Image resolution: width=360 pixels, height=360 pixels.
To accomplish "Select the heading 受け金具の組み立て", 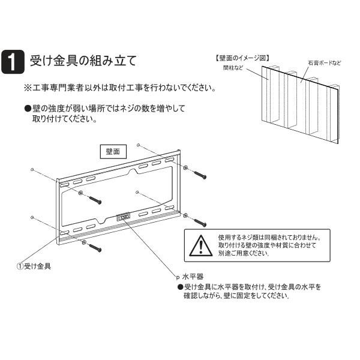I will [83, 61].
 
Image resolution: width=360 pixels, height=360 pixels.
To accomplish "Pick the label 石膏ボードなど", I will [324, 63].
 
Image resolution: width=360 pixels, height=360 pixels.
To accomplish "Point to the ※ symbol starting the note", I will [28, 88].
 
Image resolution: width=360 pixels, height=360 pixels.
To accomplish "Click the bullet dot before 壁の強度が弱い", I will [28, 109].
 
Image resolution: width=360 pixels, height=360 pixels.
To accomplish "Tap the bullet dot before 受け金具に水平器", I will [179, 287].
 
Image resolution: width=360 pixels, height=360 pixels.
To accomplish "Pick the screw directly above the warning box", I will [197, 220].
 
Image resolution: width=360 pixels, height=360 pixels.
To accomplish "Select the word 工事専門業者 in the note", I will [58, 88].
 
